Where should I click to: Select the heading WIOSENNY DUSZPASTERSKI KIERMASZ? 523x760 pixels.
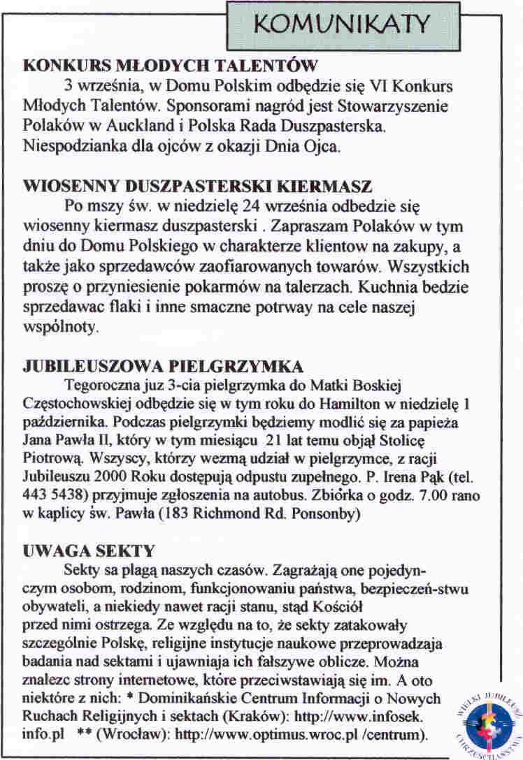pyautogui.click(x=199, y=188)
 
